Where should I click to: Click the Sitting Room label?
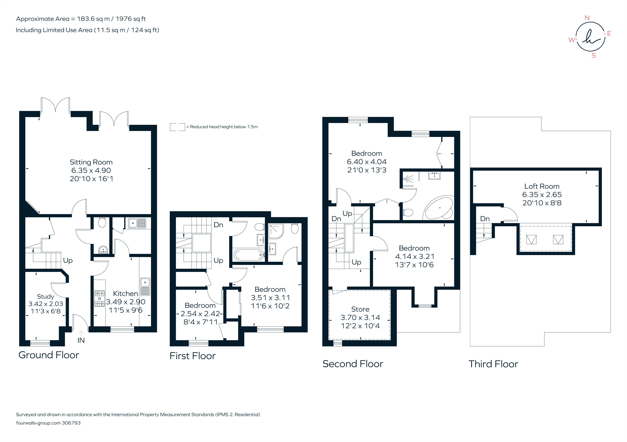(91, 162)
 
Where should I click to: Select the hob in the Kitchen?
(99, 298)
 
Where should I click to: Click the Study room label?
(46, 297)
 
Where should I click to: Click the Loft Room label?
(542, 186)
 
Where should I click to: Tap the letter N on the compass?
(587, 18)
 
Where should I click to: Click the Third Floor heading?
(493, 364)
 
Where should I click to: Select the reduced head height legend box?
(177, 127)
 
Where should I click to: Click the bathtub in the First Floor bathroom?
(248, 255)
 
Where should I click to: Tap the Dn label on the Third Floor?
(485, 219)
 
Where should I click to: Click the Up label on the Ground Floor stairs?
(68, 260)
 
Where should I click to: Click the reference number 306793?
(71, 423)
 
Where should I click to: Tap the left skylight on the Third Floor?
(531, 240)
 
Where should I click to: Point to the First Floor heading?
(193, 356)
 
